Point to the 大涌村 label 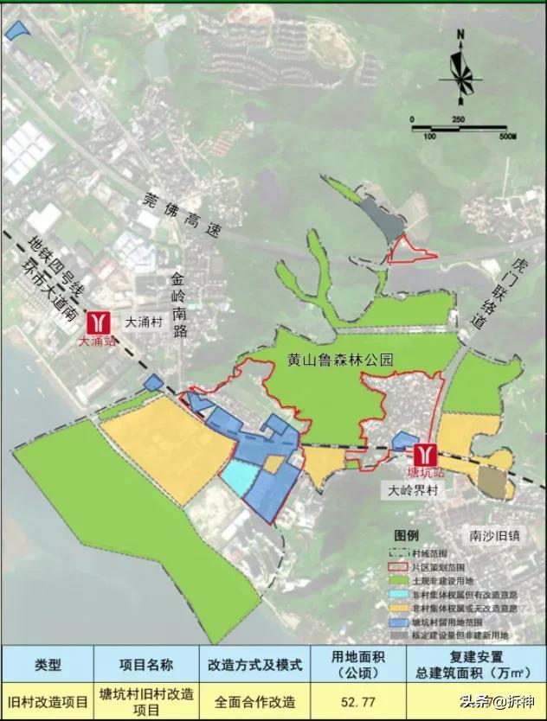143,321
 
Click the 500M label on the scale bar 505,136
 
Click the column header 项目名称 145,665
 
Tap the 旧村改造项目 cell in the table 48,701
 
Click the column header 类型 48,665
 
